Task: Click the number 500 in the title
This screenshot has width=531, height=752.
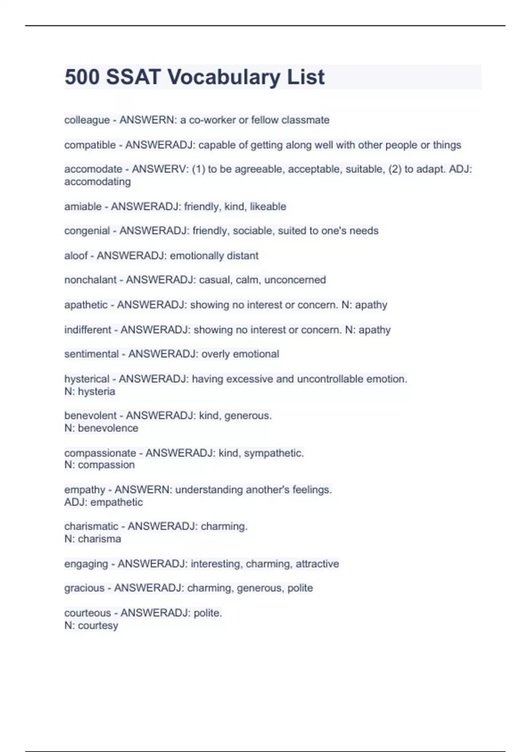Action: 82,77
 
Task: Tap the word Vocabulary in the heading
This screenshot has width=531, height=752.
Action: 223,77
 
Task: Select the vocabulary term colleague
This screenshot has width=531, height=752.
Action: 87,120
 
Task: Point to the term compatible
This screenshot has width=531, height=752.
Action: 90,145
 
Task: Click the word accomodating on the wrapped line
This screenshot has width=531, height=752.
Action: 97,181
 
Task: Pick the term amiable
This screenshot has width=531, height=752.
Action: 83,207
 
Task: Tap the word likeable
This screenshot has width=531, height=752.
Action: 268,207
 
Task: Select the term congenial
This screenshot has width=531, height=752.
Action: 87,231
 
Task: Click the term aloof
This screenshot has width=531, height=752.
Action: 76,256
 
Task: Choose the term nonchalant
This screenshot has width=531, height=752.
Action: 90,280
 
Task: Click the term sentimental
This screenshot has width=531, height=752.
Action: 92,354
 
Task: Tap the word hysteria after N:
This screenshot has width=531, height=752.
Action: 96,391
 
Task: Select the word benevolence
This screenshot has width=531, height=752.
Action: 108,428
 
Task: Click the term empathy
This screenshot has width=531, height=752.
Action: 85,490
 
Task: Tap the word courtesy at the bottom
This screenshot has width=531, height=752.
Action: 98,625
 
